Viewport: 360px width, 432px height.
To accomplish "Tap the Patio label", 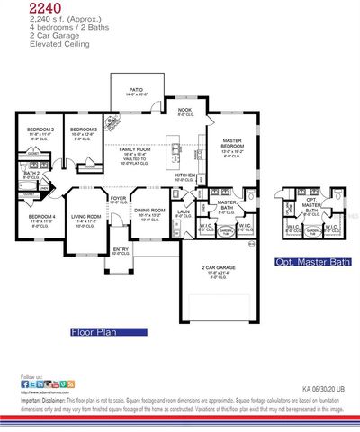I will point(136,89).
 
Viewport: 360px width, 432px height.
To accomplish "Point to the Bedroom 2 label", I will point(40,130).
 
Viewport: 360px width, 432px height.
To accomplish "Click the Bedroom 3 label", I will point(84,130).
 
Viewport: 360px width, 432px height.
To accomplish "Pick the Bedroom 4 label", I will point(41,218).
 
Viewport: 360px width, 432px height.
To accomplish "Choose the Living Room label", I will point(86,218).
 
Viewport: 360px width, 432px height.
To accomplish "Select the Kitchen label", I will point(185,175).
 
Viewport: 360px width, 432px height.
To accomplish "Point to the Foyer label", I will point(118,197).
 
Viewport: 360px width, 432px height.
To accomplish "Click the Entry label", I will point(120,250).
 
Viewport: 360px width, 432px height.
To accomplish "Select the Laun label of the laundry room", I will point(183,211).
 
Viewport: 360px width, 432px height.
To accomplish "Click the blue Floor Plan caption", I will point(95,332).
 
